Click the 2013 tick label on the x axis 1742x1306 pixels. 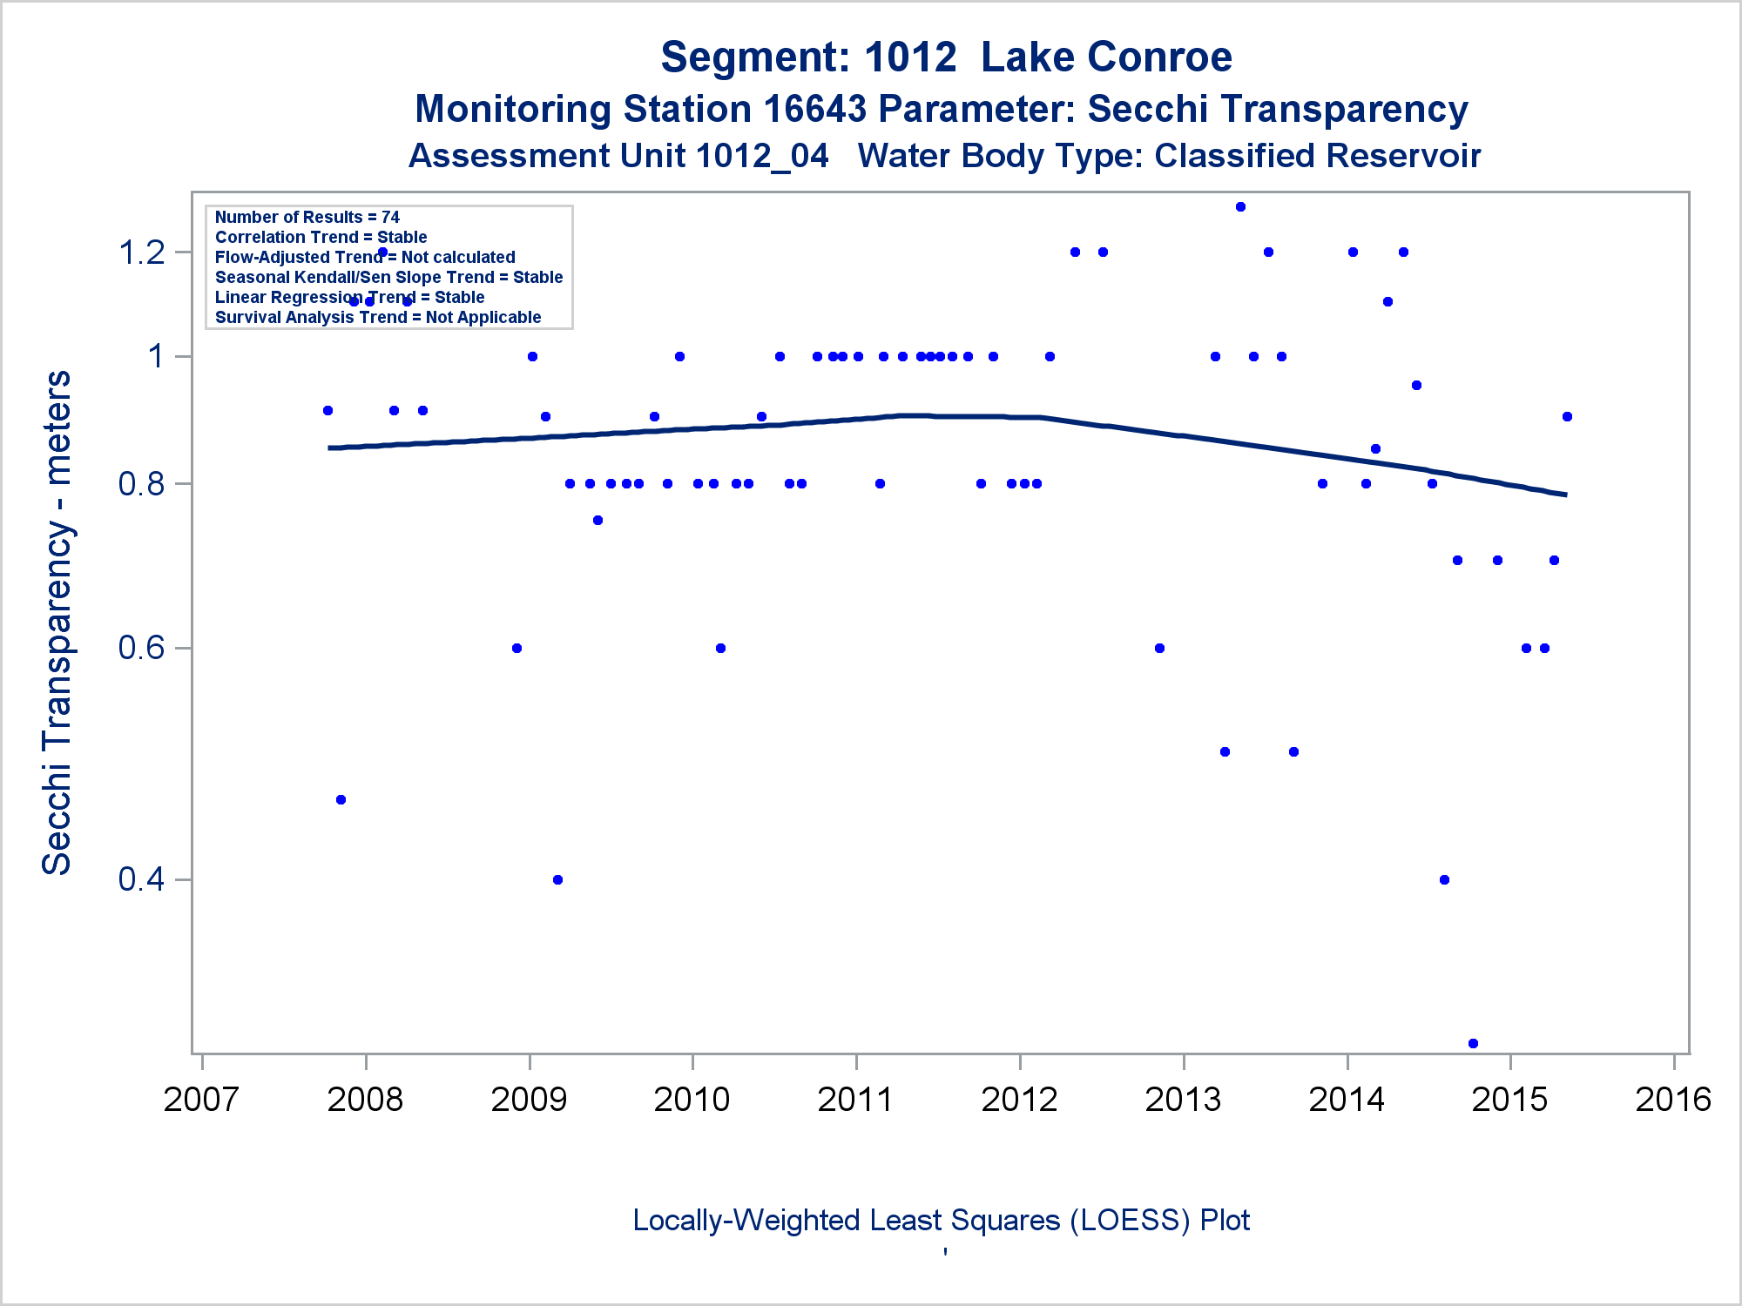click(1183, 1100)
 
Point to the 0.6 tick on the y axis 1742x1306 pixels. click(142, 649)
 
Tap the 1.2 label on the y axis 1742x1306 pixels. click(142, 252)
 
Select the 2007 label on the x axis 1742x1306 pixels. click(201, 1100)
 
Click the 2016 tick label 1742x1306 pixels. click(1673, 1100)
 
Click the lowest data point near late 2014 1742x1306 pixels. click(1473, 1043)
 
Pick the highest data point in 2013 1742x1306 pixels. click(1240, 207)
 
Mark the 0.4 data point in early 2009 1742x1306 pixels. click(557, 879)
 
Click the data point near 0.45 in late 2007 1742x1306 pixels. click(341, 799)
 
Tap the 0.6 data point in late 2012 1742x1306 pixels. click(1159, 648)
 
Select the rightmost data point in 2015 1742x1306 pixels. click(1567, 416)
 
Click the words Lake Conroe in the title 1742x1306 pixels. click(1106, 57)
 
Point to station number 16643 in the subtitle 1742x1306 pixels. click(814, 110)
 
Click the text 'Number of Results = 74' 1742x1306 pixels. click(307, 217)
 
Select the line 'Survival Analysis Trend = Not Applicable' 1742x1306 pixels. click(378, 317)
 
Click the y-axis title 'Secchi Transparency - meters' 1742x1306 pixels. click(57, 623)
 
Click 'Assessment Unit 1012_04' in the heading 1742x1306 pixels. click(618, 156)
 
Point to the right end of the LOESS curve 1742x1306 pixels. click(1565, 495)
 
